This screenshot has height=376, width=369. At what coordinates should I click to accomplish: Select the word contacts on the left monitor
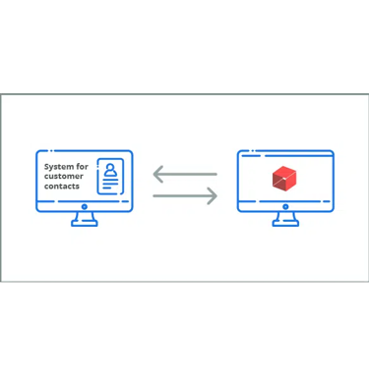tap(61, 187)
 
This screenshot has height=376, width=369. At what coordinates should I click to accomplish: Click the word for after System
tap(81, 167)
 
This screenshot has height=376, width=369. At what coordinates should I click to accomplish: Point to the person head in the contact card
tap(111, 168)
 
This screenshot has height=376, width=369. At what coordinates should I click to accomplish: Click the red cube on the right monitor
tap(284, 178)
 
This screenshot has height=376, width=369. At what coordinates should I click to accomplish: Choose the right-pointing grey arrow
tap(185, 195)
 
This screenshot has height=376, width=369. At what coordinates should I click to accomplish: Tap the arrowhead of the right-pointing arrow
tap(213, 195)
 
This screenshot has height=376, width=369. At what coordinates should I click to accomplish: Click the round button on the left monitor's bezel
tap(84, 208)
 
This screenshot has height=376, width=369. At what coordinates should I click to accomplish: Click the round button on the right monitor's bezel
tap(285, 208)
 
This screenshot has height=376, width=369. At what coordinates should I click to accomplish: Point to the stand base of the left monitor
tap(84, 225)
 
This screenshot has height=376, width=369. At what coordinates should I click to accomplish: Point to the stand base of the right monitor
tap(285, 225)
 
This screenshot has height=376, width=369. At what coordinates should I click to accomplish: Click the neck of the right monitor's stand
tap(285, 218)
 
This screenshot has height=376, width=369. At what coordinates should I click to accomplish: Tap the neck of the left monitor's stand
tap(84, 218)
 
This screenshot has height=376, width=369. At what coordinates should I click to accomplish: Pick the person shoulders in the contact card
tap(111, 177)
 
